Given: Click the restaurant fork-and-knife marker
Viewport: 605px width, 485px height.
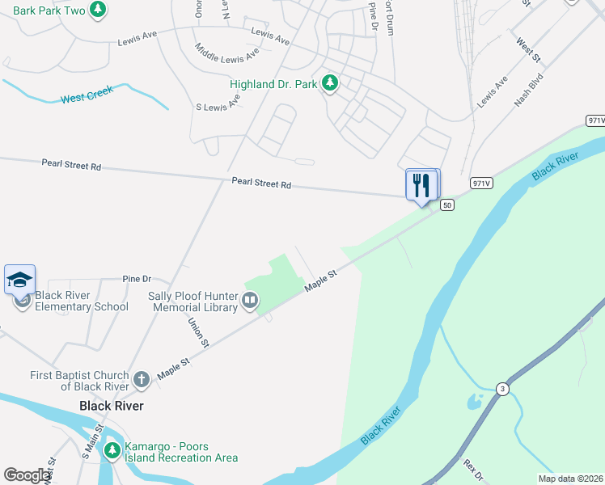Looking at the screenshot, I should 421,185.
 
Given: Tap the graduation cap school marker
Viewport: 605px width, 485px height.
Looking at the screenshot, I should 19,280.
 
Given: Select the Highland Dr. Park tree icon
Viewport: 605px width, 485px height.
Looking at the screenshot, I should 330,82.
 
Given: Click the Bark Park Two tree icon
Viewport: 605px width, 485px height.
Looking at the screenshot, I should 98,10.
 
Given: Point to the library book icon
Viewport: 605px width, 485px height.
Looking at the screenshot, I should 250,302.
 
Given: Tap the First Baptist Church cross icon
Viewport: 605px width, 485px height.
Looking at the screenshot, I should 142,379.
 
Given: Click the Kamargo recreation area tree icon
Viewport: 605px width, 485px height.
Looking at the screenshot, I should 113,449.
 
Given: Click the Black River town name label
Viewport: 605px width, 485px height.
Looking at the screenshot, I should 112,405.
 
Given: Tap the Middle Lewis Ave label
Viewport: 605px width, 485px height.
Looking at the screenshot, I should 227,52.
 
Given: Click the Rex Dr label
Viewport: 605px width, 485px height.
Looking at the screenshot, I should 472,468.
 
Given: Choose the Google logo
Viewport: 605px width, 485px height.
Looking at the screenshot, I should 26,475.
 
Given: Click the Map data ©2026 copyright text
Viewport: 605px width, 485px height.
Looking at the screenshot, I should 570,479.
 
